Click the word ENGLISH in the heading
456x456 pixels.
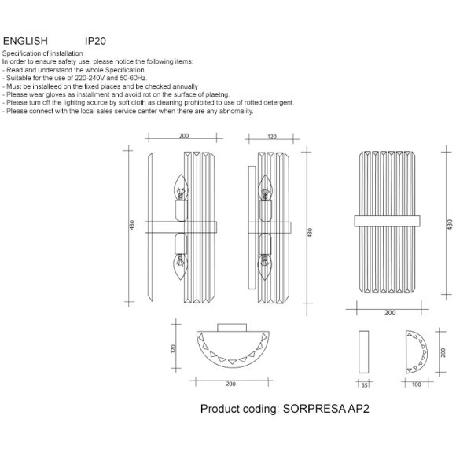tap(25, 41)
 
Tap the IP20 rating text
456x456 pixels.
tap(95, 41)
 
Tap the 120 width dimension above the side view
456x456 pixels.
tap(271, 137)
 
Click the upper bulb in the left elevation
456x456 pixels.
tap(181, 187)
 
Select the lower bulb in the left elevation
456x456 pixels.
tap(181, 267)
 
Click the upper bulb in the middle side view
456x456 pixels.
tap(265, 188)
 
